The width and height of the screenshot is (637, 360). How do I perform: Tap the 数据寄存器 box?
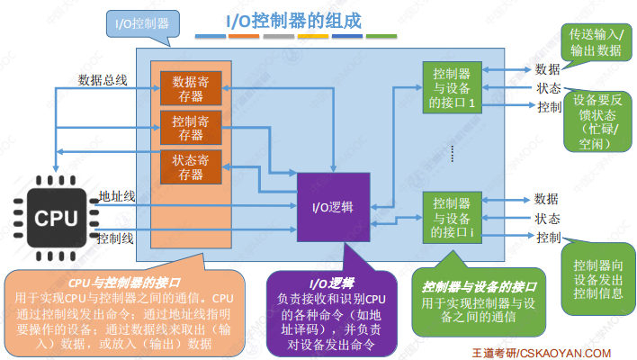coord(190,87)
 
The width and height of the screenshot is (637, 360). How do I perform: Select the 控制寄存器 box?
coord(190,127)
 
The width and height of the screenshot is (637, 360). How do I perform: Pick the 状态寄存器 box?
coord(190,166)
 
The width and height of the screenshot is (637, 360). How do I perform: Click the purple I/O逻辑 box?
coord(333,207)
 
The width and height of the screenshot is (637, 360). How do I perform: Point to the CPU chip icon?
coord(56,217)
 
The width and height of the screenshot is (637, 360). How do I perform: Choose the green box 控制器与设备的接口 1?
coord(452,87)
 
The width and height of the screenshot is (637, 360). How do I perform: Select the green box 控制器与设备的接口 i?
coord(452,217)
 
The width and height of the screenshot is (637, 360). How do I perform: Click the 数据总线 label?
coord(103,80)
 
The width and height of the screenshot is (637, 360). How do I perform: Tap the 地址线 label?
coord(117,194)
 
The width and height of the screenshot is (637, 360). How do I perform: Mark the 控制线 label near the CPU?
coord(116,238)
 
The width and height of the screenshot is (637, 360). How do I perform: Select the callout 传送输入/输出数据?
coord(595,41)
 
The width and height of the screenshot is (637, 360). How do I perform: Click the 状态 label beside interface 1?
coord(549,88)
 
